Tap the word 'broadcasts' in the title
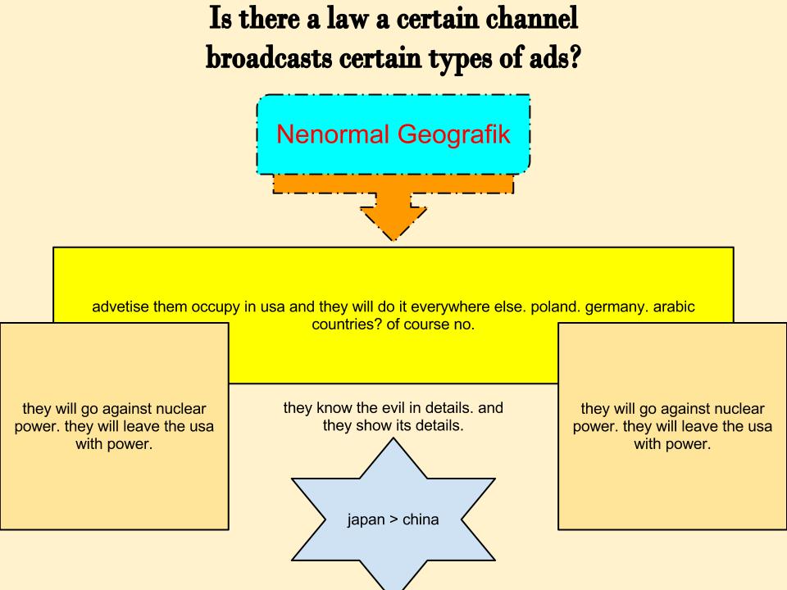[269, 58]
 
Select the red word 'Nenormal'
[333, 134]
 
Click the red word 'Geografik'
[453, 134]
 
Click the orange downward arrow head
[393, 223]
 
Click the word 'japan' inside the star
[366, 520]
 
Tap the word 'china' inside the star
[421, 520]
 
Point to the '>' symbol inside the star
[393, 520]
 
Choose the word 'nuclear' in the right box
[738, 408]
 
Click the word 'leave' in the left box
[142, 426]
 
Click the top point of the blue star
[393, 438]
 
